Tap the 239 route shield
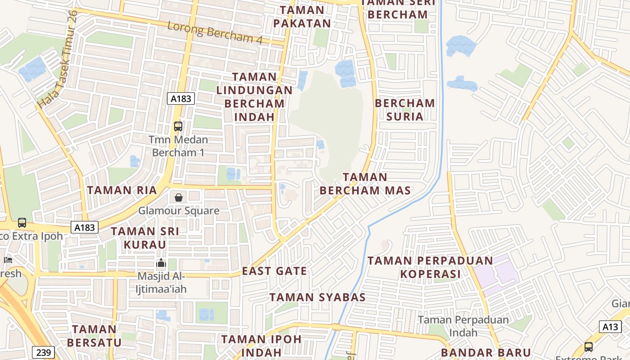pos(44,352)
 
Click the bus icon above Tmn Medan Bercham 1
pos(178,126)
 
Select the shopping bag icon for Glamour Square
pos(179,198)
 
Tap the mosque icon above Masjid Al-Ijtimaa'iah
pos(161,263)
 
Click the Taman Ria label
pos(122,190)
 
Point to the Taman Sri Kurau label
pos(145,238)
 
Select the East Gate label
pos(274,271)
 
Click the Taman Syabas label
pos(318,297)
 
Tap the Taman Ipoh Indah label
pos(261,345)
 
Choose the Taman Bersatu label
pos(94,336)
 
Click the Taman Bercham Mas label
pos(365,184)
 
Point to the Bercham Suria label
pos(405,110)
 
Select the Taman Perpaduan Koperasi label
pos(430,267)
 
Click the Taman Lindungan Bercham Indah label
pos(254,97)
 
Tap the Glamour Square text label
pos(179,211)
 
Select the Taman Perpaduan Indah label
pos(463,326)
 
